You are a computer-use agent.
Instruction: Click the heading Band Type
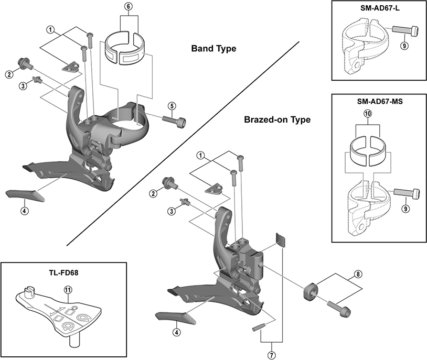(x=213, y=49)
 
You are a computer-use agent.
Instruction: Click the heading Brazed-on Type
(x=277, y=119)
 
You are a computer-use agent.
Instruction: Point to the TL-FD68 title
(x=64, y=272)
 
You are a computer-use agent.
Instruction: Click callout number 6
(x=129, y=6)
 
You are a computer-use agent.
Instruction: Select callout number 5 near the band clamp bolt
(x=172, y=106)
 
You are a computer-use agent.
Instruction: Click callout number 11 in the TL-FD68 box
(x=67, y=290)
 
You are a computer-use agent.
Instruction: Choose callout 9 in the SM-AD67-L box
(x=404, y=46)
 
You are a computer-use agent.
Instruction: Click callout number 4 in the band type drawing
(x=24, y=211)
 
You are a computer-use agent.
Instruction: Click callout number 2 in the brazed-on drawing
(x=154, y=194)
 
